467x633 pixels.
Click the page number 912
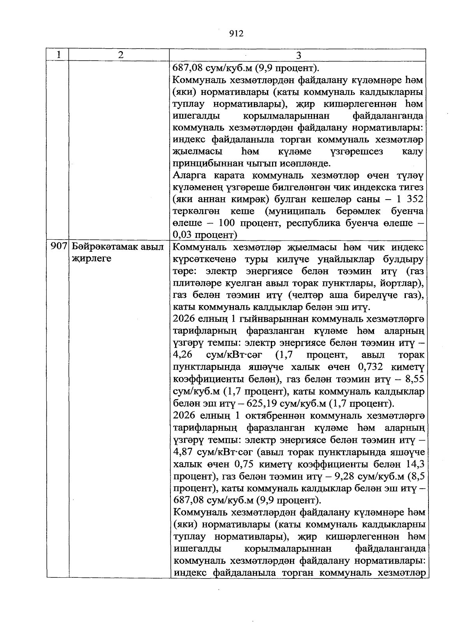[x=236, y=33]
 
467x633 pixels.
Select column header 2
[x=121, y=55]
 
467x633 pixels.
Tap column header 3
[x=298, y=55]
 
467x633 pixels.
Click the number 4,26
[x=181, y=355]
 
